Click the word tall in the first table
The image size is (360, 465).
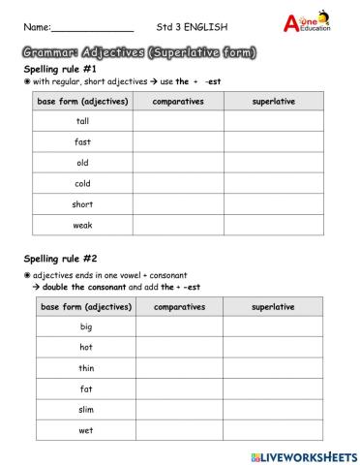82,121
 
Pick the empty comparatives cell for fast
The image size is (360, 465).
178,142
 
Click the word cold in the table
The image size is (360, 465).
82,183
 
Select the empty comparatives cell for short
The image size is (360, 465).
178,204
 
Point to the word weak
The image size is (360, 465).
82,225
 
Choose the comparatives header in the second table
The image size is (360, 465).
181,306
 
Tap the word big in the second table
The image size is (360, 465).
86,326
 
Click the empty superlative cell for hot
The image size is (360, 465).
274,347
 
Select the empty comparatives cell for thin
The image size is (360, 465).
181,368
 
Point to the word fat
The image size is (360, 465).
86,388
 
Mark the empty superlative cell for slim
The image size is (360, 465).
274,410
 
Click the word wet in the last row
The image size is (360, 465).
86,430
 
